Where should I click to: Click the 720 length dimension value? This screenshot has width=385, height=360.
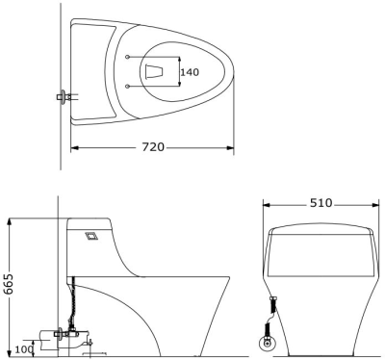point(153,147)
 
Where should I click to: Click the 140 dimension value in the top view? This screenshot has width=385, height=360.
point(190,72)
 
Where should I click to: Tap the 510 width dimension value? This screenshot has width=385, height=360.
point(321,203)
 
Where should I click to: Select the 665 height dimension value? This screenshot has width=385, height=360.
point(9,284)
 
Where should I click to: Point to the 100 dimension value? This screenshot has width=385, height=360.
point(24,349)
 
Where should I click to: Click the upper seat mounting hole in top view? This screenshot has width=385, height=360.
point(128,57)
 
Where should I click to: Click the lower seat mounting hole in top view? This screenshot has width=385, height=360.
point(128,86)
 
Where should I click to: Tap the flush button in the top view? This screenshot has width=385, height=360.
point(155,71)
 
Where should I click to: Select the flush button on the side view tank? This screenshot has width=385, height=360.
point(92,236)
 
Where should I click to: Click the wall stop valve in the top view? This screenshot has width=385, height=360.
point(64,96)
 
